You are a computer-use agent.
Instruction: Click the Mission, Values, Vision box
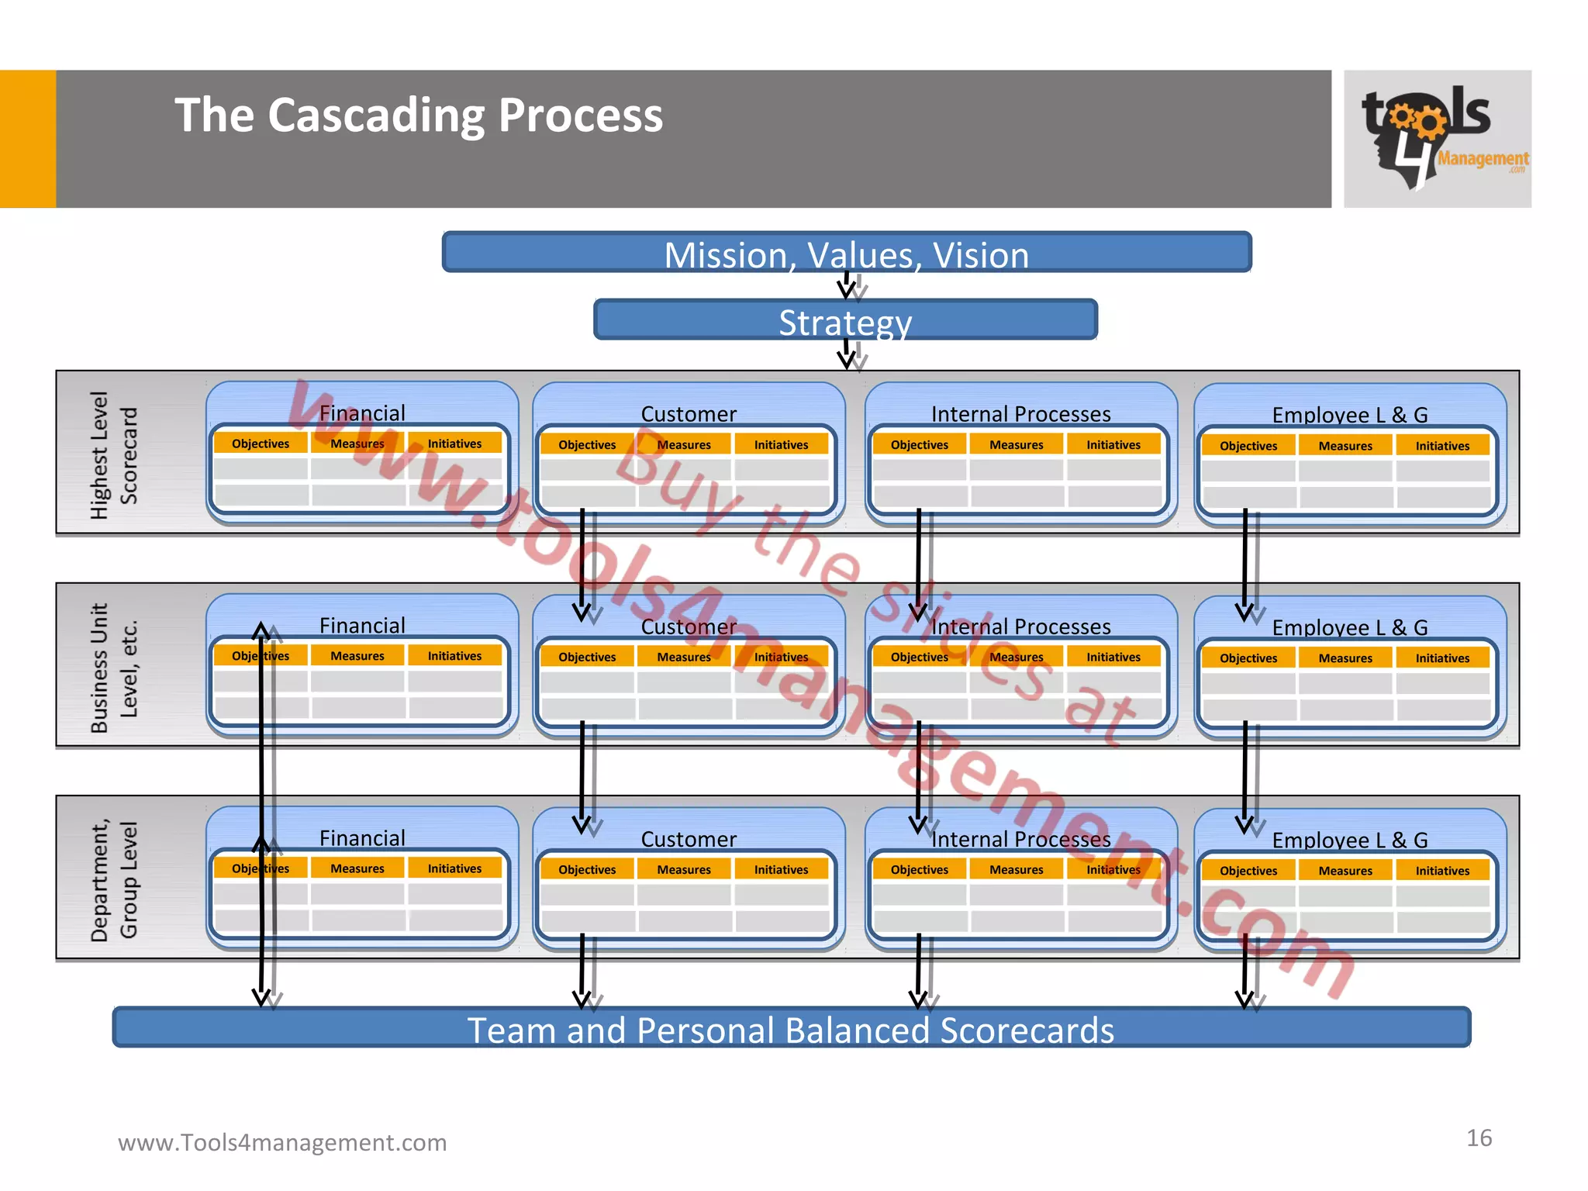(846, 253)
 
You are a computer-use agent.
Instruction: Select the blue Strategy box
(845, 320)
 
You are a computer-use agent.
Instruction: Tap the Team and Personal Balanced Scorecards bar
(791, 1029)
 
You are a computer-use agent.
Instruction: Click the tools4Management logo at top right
(1437, 139)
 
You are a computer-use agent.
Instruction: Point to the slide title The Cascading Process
(419, 116)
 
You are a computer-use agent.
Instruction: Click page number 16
(1479, 1137)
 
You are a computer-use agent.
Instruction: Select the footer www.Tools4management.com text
(282, 1142)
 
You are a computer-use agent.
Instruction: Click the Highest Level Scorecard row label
(113, 455)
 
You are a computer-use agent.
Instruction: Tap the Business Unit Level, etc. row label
(113, 668)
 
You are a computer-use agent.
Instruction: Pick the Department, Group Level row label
(113, 880)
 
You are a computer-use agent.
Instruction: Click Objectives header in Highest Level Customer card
(587, 445)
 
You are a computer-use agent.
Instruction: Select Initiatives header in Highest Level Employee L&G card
(1442, 446)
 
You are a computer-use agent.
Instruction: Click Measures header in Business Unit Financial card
(357, 656)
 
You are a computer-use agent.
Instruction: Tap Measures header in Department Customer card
(684, 870)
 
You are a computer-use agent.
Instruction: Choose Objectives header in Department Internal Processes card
(919, 870)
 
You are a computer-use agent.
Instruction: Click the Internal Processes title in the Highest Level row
(1020, 414)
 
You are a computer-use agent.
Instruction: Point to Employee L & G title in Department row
(1349, 840)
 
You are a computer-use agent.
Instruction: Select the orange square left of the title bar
(28, 139)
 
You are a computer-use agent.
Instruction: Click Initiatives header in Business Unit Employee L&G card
(1442, 658)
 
